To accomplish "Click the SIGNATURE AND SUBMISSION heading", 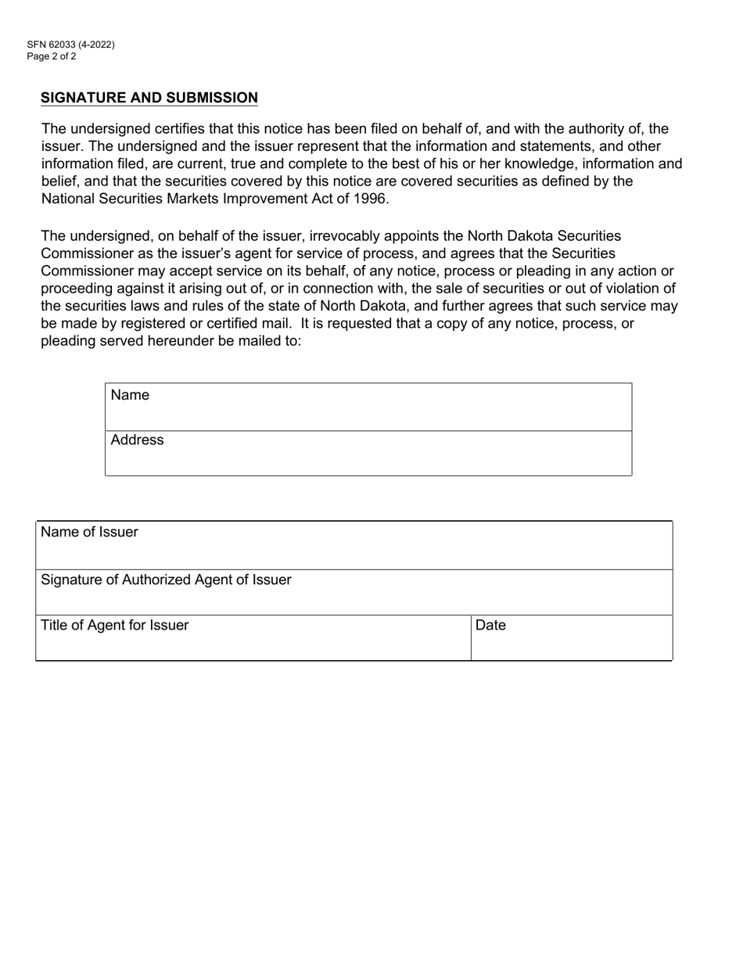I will coord(149,98).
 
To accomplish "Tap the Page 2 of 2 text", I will coord(51,56).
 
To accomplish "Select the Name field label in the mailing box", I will coord(130,395).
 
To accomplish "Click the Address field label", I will coord(137,440).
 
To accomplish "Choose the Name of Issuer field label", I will coord(89,532).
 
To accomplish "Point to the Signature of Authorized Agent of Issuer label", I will coord(166,580).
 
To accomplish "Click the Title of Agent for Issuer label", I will coord(114,625).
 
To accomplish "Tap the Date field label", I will coord(490,625).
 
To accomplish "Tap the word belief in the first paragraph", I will coord(59,181).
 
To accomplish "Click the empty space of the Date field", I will coord(571,645).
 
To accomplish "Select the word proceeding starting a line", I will coord(79,289).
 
